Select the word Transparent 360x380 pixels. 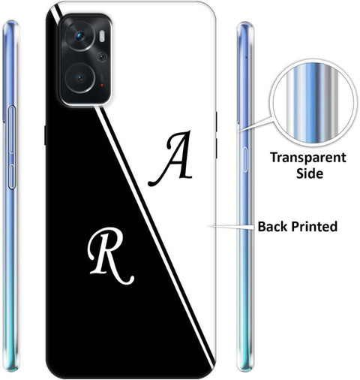tap(308, 158)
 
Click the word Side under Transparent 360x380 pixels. tap(310, 173)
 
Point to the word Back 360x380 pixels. tap(274, 226)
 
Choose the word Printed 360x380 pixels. tap(314, 226)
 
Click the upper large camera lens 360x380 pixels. tap(80, 36)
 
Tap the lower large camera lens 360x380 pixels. tap(80, 78)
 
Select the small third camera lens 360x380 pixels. tap(102, 57)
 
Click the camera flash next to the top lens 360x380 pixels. tap(102, 36)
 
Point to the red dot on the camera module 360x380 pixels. tap(102, 86)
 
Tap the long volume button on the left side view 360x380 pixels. tap(12, 129)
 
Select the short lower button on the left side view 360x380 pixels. tap(11, 176)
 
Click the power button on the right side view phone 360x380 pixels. tap(245, 159)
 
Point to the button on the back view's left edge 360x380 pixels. tap(45, 135)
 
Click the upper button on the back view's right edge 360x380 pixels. tap(216, 122)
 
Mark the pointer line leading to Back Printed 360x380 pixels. tap(232, 227)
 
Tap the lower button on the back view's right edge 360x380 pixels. tap(216, 148)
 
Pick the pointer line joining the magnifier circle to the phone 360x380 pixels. tap(256, 124)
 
